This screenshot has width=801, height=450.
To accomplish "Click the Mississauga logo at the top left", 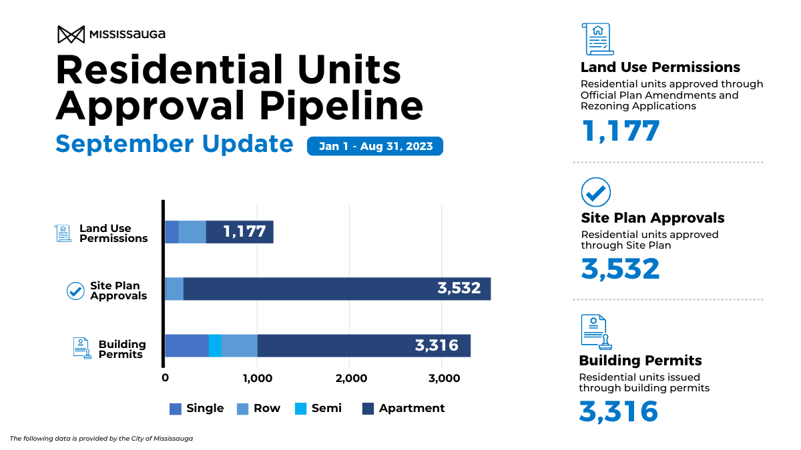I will coord(111,34).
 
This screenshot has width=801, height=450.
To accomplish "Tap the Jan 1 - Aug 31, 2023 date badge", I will coord(375,146).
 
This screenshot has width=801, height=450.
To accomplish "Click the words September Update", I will coord(174,144).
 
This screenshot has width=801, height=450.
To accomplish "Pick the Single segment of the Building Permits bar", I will coord(186,345).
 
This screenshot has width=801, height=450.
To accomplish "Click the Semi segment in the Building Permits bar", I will coord(214,345).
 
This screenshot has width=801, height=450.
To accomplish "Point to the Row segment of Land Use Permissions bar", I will coord(192,232).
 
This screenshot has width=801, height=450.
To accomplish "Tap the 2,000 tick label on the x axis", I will coord(351,378).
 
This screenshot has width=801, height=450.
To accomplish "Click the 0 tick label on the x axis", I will coord(165,378).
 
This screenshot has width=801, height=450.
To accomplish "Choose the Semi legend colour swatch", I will coord(300,409).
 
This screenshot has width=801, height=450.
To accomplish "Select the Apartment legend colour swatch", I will coord(368,409).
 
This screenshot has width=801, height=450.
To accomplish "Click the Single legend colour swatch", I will coord(175,409).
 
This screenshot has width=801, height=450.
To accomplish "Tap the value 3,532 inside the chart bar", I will coord(459,289).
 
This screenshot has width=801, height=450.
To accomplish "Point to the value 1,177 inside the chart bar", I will coord(244,232).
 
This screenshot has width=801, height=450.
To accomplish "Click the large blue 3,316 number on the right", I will coord(618,411).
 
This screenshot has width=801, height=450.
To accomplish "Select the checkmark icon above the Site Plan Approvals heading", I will coord(596,192).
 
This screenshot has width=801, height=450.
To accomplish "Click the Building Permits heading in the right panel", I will coord(640,361).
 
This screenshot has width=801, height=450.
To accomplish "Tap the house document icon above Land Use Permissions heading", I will coord(597,39).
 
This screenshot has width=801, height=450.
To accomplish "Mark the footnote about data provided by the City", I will coord(101,438).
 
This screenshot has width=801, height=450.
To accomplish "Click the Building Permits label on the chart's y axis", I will coord(121,349).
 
